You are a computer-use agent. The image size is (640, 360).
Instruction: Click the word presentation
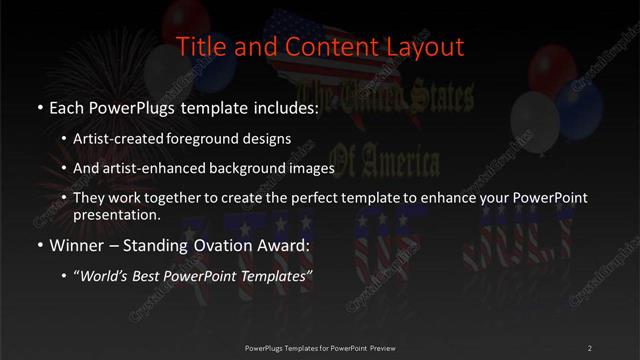click(124, 214)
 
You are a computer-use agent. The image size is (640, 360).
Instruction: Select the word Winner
click(74, 244)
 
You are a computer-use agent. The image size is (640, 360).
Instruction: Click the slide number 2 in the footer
click(589, 347)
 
